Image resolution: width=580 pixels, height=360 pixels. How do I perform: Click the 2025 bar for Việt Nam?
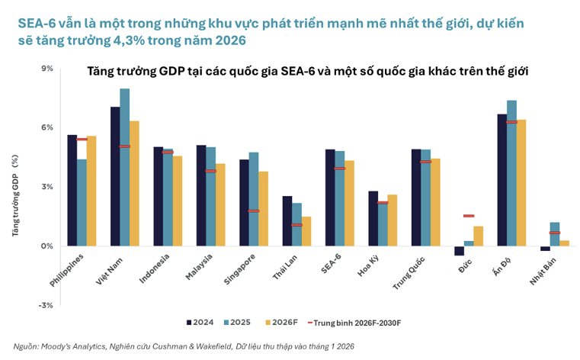point(124,168)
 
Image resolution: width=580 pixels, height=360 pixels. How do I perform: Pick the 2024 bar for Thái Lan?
point(287,221)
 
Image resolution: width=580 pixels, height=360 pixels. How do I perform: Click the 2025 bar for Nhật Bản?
point(555,234)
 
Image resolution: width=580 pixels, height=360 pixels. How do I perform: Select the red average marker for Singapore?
point(254,211)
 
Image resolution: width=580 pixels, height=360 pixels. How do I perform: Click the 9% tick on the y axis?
point(47,69)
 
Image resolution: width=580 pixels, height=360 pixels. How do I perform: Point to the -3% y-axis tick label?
point(46,305)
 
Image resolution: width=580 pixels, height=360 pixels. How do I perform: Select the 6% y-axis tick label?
point(47,127)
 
